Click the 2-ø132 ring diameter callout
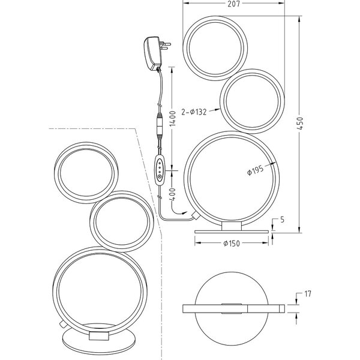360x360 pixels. coord(197,111)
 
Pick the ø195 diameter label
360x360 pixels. coord(256,172)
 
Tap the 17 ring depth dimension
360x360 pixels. coord(307,295)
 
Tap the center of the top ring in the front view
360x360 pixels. coord(215,47)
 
